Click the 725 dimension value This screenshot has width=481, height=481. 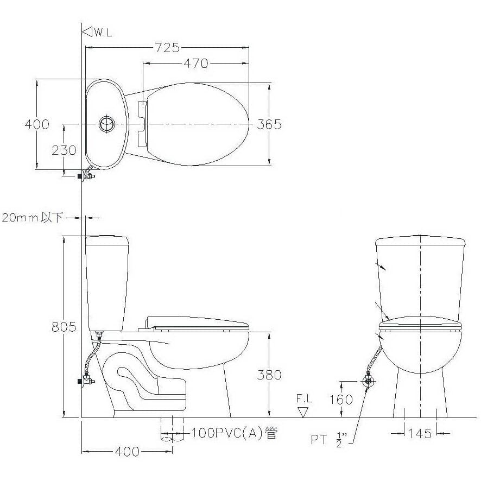point(167,48)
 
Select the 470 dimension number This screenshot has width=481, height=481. point(196,64)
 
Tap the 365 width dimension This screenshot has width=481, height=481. point(269,124)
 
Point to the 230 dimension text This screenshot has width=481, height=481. point(64,150)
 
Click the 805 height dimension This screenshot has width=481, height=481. point(64,327)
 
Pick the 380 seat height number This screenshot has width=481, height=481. point(269,375)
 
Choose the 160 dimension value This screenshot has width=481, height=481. point(341,400)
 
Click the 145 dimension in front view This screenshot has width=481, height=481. point(420,433)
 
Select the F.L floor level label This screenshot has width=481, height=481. point(304,398)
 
